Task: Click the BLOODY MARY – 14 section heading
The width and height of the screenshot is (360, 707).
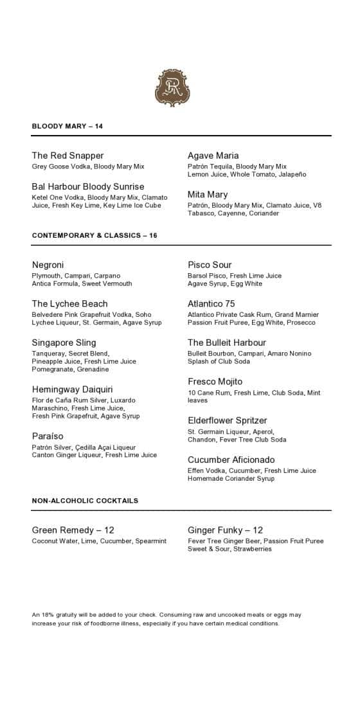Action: [67, 127]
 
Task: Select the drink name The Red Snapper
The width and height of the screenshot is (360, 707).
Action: [67, 156]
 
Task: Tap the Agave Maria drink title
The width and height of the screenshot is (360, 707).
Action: [213, 156]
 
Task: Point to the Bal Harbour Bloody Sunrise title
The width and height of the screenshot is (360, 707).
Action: [88, 186]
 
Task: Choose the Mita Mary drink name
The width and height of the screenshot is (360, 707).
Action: [208, 194]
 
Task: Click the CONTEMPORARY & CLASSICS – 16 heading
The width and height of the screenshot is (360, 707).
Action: [94, 236]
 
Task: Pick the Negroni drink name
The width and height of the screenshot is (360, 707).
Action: [48, 265]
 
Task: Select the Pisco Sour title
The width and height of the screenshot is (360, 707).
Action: [210, 265]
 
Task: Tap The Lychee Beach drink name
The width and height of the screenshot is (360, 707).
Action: [69, 303]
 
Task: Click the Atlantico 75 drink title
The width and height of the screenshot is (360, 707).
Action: [212, 303]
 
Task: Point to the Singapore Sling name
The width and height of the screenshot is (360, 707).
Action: [64, 343]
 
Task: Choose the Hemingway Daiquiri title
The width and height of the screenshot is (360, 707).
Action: [72, 389]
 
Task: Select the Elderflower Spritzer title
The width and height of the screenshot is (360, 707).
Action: [228, 420]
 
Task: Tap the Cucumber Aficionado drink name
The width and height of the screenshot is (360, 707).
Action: [231, 460]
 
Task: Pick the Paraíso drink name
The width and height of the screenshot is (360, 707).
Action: [48, 436]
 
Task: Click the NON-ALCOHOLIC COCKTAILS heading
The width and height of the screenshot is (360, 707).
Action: [85, 501]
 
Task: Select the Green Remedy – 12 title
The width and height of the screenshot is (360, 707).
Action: [73, 530]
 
